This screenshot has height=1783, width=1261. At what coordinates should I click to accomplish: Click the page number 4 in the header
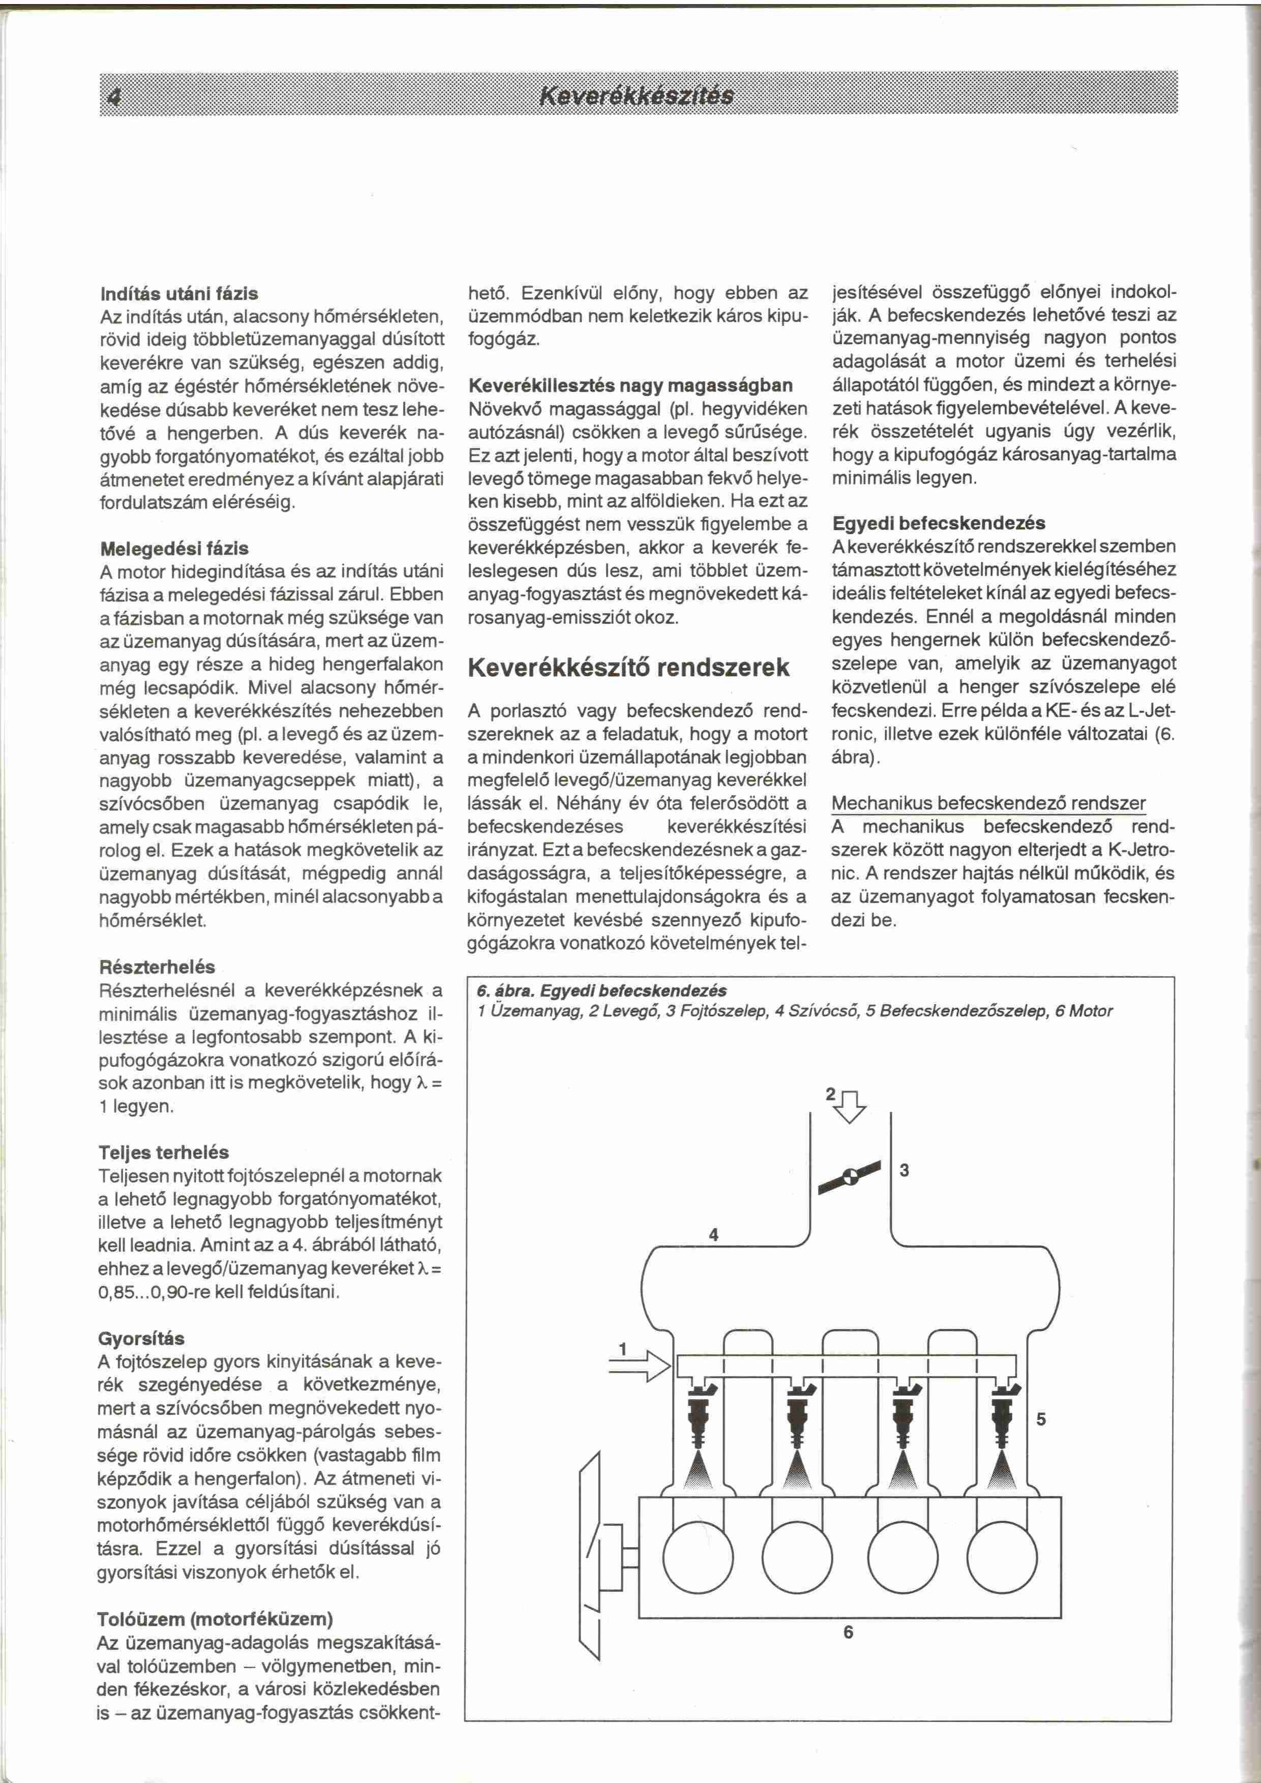(x=115, y=96)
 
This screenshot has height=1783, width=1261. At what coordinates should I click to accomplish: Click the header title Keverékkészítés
(x=637, y=96)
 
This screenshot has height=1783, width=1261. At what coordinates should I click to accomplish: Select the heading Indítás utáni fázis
(x=179, y=293)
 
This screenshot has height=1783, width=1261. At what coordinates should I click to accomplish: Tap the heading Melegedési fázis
(x=175, y=548)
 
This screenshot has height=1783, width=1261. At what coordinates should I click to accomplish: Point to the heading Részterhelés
(x=157, y=967)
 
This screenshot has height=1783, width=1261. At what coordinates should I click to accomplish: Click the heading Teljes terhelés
(x=164, y=1153)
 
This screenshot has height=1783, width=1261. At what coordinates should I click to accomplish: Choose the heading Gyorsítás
(x=141, y=1339)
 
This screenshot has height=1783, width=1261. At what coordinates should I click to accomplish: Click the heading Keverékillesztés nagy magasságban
(x=632, y=385)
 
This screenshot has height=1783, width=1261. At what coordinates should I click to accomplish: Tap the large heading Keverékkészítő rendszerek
(x=629, y=667)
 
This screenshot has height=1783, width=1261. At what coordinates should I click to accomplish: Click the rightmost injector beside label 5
(x=1008, y=1421)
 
